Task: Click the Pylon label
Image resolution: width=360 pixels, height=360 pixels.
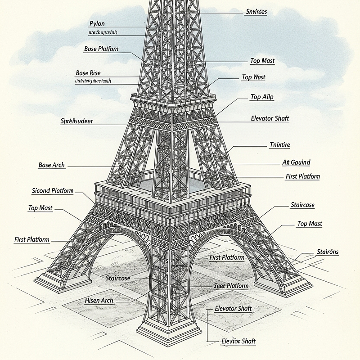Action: [x=97, y=23]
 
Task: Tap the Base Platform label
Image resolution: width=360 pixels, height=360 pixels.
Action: [x=101, y=49]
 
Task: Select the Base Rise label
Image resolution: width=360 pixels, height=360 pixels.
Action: [x=88, y=73]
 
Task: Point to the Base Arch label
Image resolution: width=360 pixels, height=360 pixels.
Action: [x=52, y=165]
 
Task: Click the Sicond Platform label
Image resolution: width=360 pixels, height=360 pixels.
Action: [x=53, y=191]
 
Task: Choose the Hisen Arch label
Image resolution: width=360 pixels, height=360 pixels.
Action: [x=99, y=300]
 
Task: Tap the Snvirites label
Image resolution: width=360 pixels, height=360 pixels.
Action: [x=256, y=12]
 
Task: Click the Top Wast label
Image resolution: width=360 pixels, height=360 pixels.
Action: [x=253, y=77]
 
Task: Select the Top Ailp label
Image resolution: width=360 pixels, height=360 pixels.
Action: [x=262, y=97]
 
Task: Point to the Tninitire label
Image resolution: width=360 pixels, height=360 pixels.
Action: [x=279, y=145]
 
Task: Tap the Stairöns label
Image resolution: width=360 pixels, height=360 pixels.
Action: [x=328, y=252]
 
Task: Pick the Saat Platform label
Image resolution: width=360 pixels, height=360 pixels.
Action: [x=231, y=286]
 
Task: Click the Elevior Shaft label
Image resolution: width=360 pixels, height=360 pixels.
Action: [x=238, y=341]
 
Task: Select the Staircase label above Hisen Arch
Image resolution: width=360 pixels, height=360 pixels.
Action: [x=118, y=278]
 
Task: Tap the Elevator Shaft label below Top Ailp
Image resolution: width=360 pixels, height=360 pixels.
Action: [x=270, y=119]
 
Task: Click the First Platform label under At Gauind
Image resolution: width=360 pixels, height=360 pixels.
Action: [x=302, y=176]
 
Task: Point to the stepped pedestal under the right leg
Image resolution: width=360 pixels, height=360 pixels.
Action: [x=283, y=286]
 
